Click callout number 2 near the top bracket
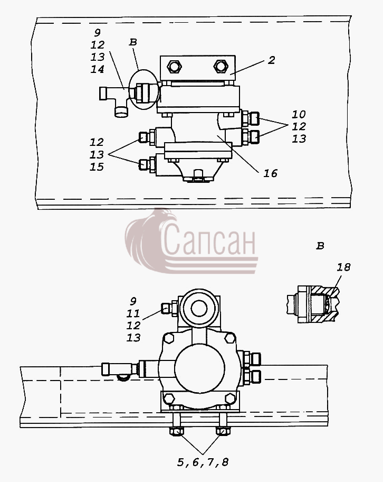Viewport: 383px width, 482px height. click(x=271, y=60)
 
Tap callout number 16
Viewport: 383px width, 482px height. click(x=271, y=173)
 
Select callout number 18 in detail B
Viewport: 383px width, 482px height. click(x=343, y=267)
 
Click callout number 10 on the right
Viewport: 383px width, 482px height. click(x=299, y=114)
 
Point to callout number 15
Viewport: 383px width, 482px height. click(x=97, y=167)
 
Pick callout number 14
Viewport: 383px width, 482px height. click(x=97, y=69)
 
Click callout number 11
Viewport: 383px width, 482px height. click(x=133, y=313)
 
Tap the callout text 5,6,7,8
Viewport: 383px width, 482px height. click(x=203, y=462)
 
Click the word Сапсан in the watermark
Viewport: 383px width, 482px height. click(x=209, y=239)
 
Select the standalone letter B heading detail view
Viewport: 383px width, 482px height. click(x=320, y=246)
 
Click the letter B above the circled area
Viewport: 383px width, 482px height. click(x=133, y=42)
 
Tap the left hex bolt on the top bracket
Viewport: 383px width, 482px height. click(x=174, y=67)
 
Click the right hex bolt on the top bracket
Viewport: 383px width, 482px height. click(x=221, y=67)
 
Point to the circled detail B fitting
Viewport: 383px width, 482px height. click(x=145, y=90)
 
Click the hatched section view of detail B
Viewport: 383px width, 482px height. click(x=313, y=304)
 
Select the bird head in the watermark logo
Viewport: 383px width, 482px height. click(x=167, y=216)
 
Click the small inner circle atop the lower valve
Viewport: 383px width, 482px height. click(x=198, y=308)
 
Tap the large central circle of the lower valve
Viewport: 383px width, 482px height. click(x=199, y=368)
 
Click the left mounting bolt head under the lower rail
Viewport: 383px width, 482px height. click(x=176, y=431)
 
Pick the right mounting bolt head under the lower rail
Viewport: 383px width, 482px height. click(x=223, y=431)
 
